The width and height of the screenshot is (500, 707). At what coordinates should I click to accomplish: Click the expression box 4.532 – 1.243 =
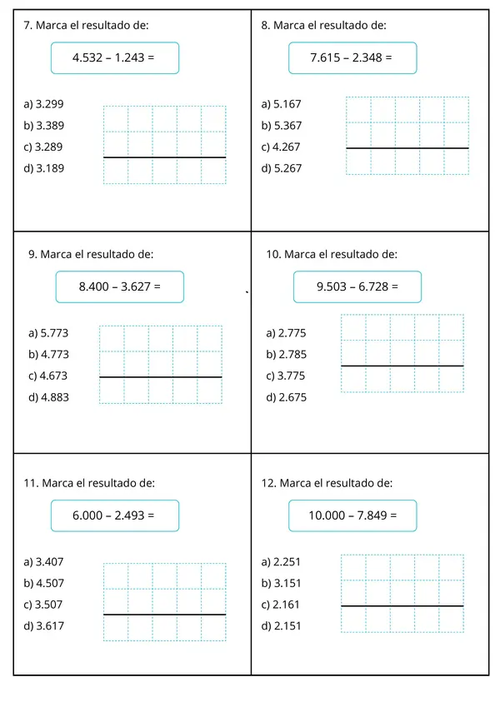[x=114, y=58]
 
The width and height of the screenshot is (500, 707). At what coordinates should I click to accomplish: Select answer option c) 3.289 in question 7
[x=44, y=147]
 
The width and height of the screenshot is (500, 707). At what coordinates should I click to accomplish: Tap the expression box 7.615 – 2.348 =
[x=351, y=58]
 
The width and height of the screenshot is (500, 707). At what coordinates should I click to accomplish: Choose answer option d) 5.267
[x=281, y=167]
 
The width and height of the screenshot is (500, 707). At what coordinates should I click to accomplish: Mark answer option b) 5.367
[x=281, y=126]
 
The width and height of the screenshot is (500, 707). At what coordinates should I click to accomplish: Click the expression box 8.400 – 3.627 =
[x=119, y=286]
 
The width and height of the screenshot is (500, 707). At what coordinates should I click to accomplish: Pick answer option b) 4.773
[x=47, y=354]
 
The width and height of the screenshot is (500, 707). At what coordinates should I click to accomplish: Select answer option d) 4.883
[x=47, y=397]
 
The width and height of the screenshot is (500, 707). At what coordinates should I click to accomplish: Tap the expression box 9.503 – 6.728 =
[x=357, y=286]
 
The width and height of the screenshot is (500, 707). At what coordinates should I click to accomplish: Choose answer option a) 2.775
[x=286, y=333]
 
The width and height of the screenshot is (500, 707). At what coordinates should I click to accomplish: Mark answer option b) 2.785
[x=286, y=354]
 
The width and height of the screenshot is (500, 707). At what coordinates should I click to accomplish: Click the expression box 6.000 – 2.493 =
[x=114, y=515]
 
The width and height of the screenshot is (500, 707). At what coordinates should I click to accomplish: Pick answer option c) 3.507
[x=44, y=604]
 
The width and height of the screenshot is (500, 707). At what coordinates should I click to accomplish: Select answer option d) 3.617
[x=44, y=625]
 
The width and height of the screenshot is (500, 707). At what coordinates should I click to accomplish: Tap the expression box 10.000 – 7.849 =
[x=352, y=515]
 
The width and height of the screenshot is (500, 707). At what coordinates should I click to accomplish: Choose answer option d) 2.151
[x=281, y=625]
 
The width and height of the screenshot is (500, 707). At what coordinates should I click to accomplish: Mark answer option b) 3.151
[x=281, y=583]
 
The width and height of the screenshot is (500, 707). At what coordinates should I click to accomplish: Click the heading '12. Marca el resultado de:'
[x=327, y=483]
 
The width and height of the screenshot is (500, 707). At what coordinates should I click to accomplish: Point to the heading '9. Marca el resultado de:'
[x=90, y=254]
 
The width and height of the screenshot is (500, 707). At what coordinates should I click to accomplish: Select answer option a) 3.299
[x=44, y=104]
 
